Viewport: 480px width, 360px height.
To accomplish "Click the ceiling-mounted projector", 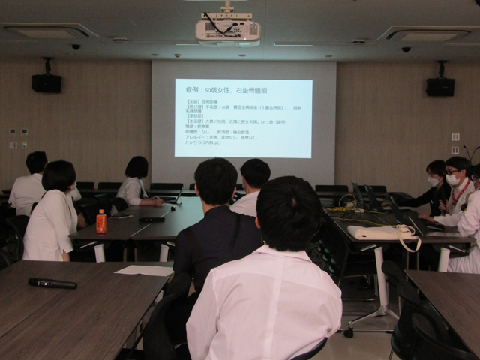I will click(x=228, y=28).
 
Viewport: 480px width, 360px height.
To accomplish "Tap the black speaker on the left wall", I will click(x=46, y=82).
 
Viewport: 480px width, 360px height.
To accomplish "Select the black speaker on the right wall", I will click(x=440, y=86).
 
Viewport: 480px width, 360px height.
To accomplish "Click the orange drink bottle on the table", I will click(x=101, y=222).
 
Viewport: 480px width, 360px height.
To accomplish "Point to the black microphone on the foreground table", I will click(x=52, y=283).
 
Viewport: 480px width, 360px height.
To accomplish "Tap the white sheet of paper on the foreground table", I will click(x=144, y=270).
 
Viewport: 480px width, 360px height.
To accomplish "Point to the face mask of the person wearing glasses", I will click(x=452, y=180).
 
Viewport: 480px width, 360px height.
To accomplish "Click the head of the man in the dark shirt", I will click(x=216, y=181).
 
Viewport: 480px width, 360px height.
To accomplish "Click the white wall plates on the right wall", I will click(x=455, y=142).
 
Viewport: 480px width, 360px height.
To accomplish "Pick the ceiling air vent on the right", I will click(x=427, y=34).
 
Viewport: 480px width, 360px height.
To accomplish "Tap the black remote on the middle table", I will click(x=151, y=220).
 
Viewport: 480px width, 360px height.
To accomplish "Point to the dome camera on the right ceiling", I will click(x=406, y=49).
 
